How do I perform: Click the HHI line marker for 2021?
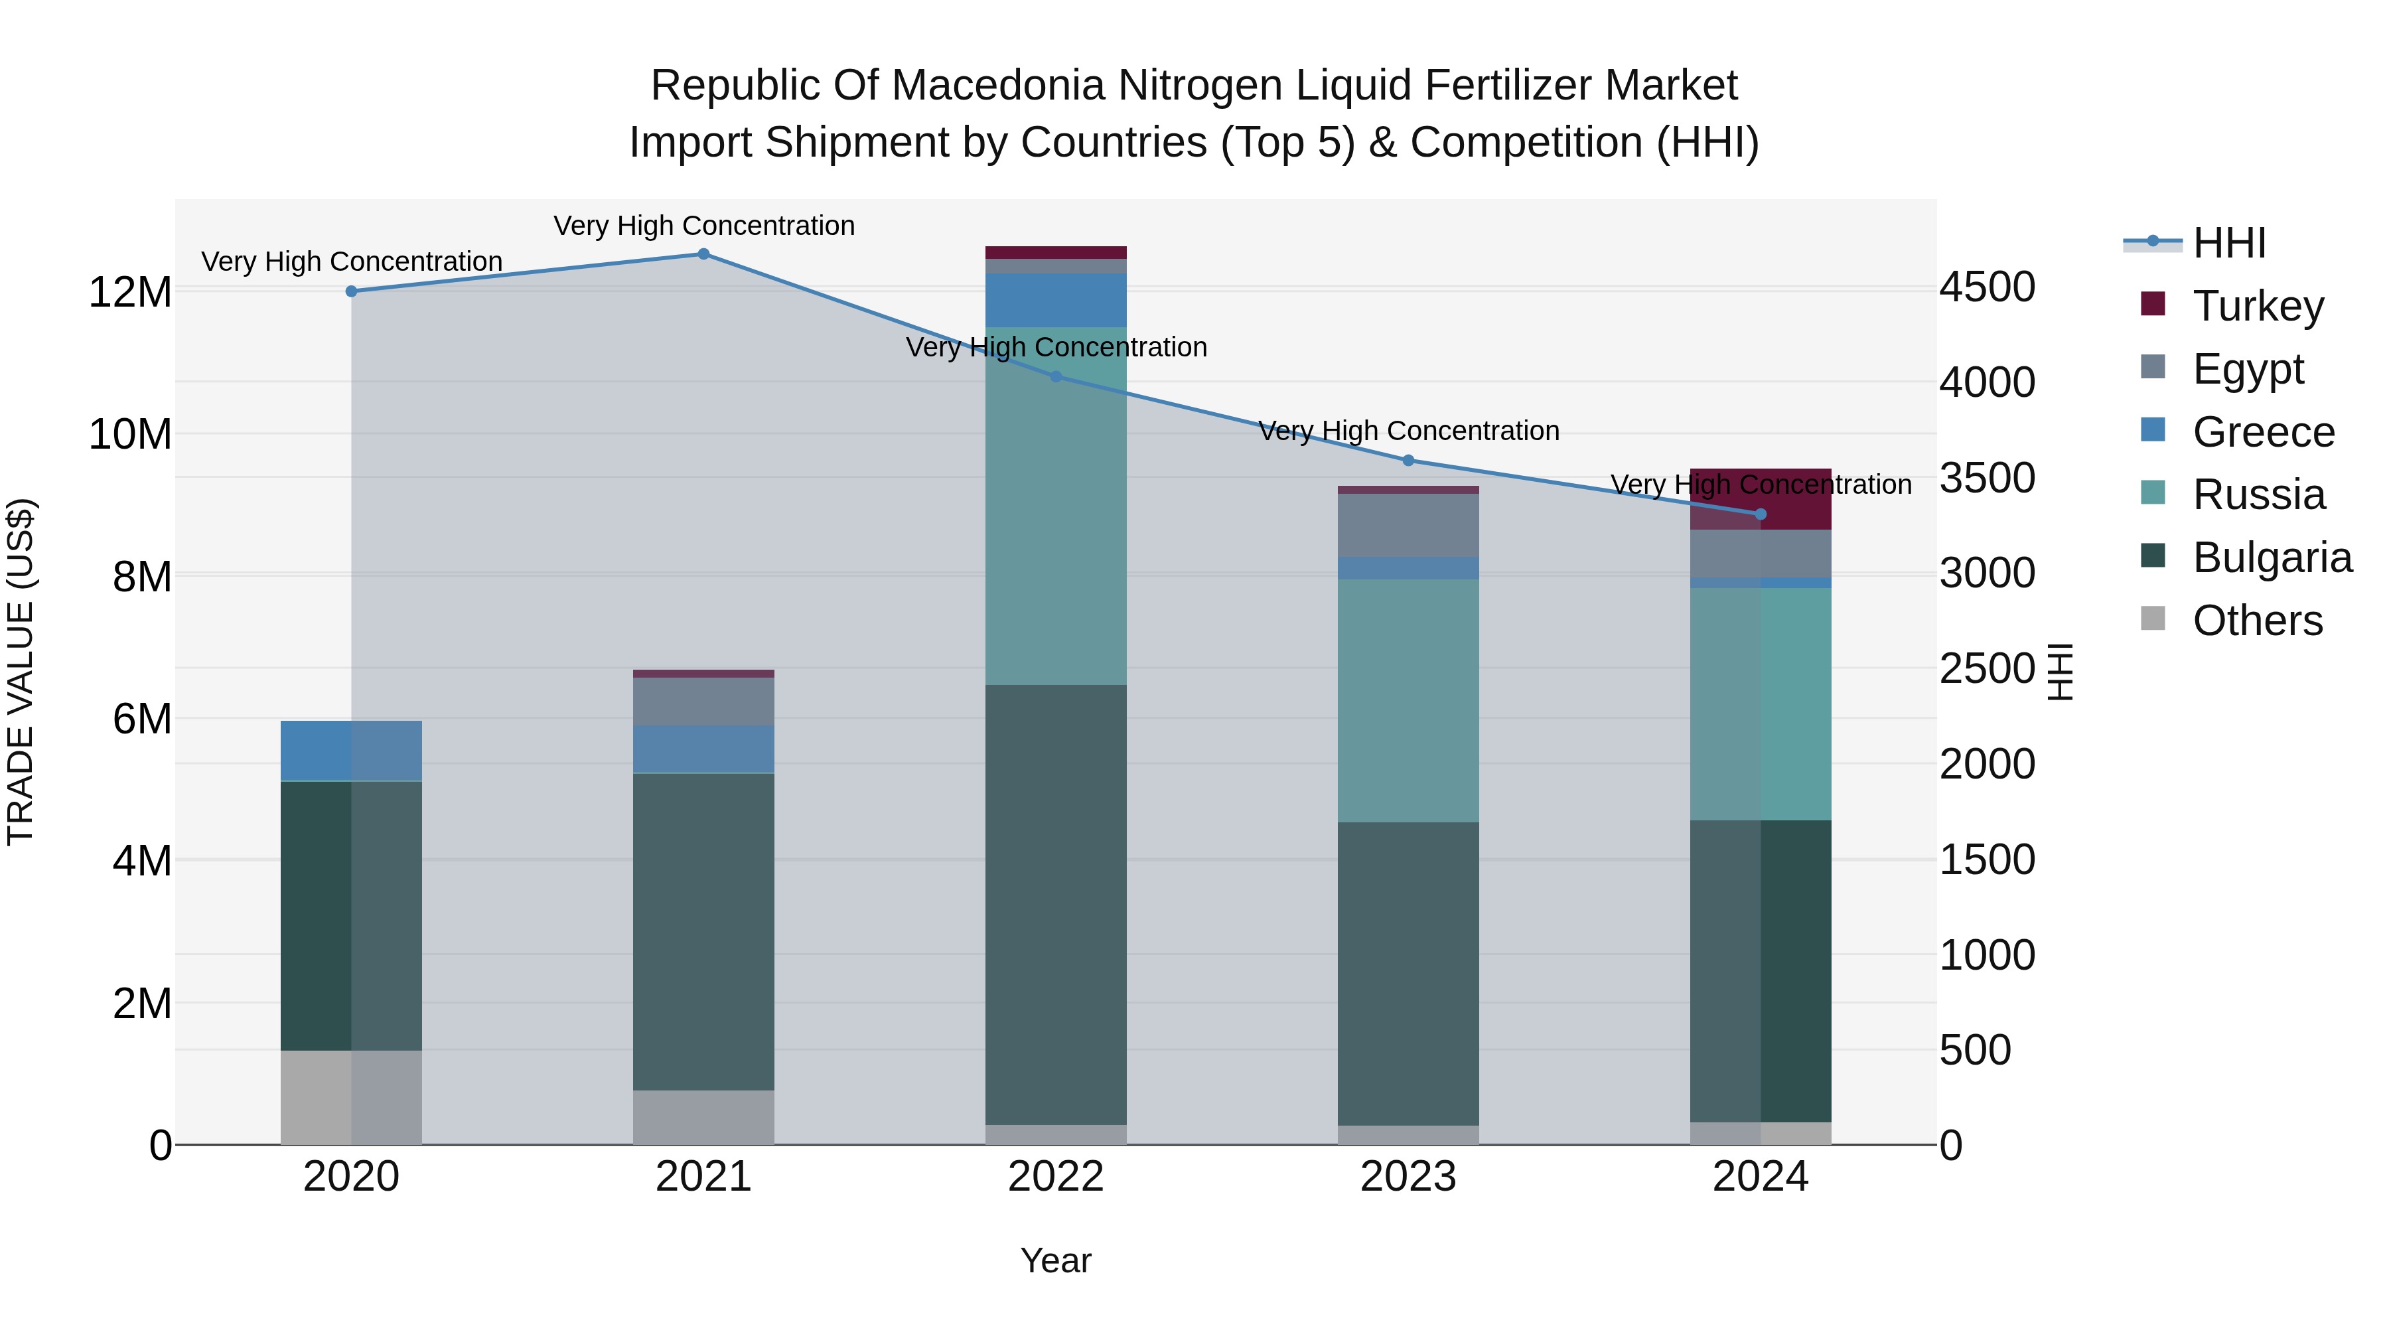(703, 254)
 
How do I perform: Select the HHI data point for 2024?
(1760, 514)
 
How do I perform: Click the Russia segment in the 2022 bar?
(1055, 506)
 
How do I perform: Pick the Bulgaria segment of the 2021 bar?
(703, 931)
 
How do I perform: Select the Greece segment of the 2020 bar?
(350, 751)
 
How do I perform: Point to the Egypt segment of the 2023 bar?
(1408, 525)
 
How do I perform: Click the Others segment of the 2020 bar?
(350, 1097)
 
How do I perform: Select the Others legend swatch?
(2153, 619)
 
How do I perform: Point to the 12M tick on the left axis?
(130, 292)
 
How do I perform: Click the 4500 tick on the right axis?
(1988, 287)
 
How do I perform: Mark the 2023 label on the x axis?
(1408, 1177)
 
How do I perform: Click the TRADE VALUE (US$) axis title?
(21, 672)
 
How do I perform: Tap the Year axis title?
(1055, 1260)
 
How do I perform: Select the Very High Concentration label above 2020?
(352, 261)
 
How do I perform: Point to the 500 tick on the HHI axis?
(1976, 1050)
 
